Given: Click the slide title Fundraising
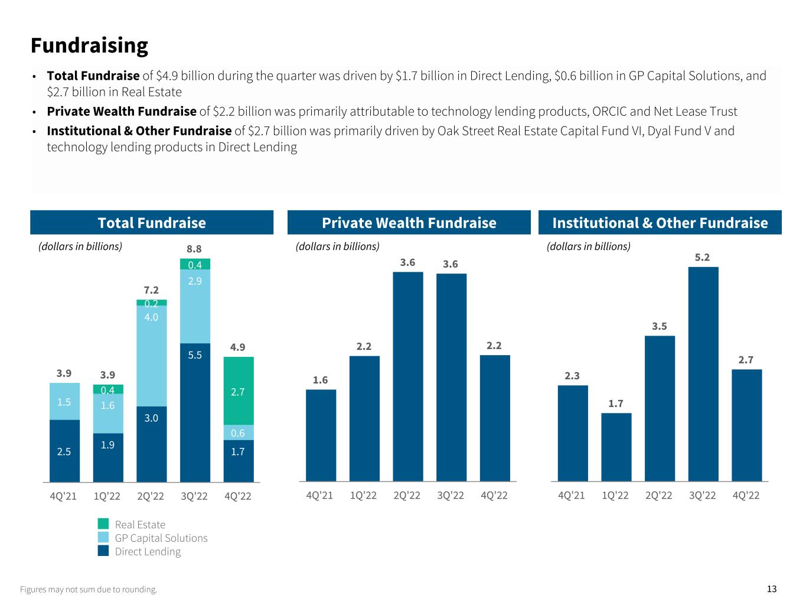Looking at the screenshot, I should tap(89, 45).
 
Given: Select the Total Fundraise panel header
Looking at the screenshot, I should tap(152, 223).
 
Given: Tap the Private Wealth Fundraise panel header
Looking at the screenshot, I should tap(409, 223).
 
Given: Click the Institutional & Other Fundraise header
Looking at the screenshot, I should tap(660, 223).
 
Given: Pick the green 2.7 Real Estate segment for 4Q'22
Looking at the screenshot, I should tap(239, 391).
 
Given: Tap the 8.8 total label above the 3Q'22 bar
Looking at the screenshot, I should tap(195, 249).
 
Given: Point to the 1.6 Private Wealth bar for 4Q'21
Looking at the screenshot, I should tap(321, 435).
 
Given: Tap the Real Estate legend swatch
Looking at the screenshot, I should tap(103, 524).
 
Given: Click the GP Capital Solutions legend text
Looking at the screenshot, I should tap(161, 538).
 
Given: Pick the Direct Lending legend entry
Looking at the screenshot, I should tap(147, 551).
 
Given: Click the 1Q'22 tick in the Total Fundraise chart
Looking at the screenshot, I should tap(107, 496).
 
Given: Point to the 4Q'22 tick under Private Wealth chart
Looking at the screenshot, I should tap(494, 496).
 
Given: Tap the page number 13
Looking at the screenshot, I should tap(772, 588).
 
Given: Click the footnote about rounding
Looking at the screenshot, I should tap(89, 589).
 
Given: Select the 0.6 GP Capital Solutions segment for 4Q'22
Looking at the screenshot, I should tap(239, 432).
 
